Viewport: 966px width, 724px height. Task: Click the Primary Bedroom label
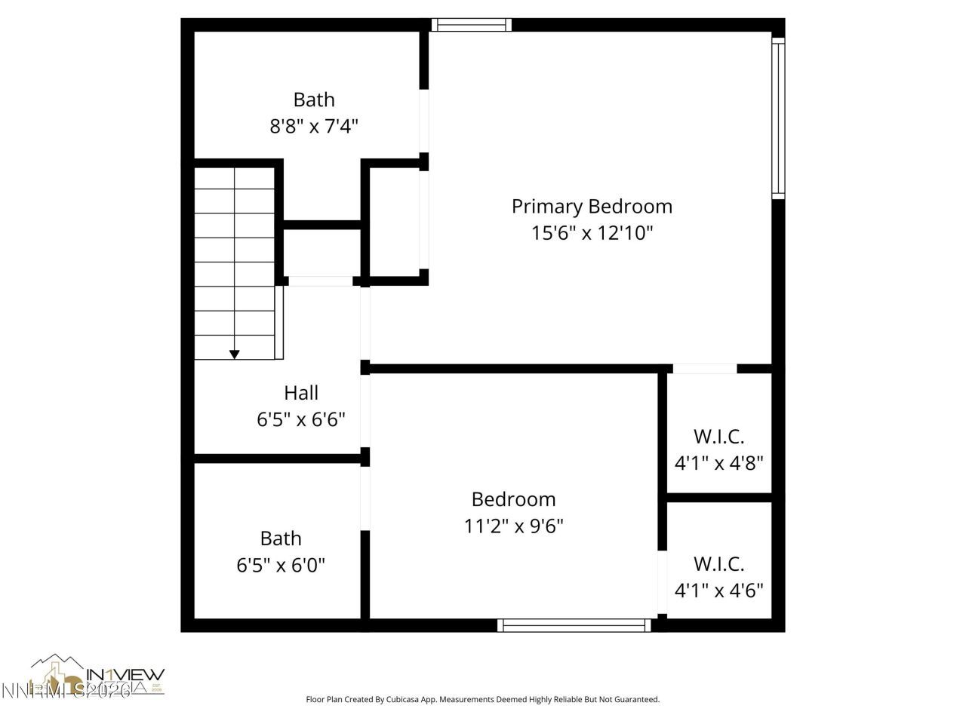(x=592, y=206)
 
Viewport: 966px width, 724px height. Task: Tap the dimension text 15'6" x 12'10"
(x=592, y=232)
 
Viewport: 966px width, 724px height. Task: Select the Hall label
(x=301, y=392)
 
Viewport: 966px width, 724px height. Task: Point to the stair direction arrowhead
(x=235, y=354)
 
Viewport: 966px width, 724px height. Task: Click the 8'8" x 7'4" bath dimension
(x=314, y=125)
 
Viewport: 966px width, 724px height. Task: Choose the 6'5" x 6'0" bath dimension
(x=281, y=565)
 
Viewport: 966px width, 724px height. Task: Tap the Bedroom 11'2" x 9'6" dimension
(x=513, y=525)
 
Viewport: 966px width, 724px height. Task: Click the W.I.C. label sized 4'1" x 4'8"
(x=718, y=436)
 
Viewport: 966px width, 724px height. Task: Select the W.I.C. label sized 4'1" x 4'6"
(x=718, y=563)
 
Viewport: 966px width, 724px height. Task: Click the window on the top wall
(x=472, y=25)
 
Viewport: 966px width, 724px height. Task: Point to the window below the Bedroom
(x=574, y=625)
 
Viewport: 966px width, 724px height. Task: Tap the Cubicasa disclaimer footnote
(x=482, y=699)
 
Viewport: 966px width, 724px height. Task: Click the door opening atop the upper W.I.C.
(x=704, y=369)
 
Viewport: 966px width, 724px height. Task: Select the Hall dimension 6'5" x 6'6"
(x=301, y=419)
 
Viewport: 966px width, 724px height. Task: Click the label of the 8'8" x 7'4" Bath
(x=314, y=100)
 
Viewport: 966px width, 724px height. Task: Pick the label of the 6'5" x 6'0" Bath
(x=281, y=538)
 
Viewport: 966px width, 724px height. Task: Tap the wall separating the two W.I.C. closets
(x=718, y=498)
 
